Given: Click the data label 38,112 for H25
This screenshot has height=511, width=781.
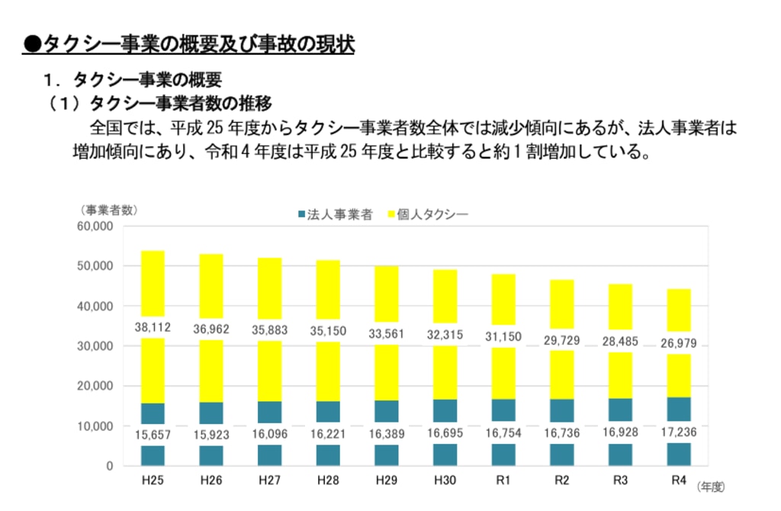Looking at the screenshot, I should [153, 327].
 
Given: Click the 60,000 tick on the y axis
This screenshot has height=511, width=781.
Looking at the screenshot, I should [96, 227].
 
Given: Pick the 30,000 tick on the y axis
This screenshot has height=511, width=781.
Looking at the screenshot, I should [96, 346].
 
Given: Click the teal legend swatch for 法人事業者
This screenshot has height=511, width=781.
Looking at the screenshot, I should [301, 215].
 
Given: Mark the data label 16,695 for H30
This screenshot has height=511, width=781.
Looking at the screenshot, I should [445, 433].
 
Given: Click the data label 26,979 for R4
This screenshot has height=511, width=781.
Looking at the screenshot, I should [678, 342].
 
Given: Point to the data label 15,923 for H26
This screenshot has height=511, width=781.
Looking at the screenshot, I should [211, 435].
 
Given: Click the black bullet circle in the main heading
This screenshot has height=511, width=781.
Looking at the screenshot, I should [31, 43].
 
